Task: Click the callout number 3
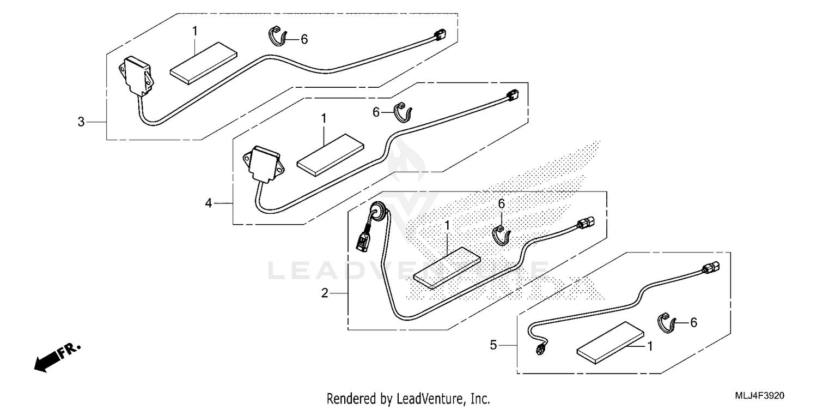pyautogui.click(x=81, y=122)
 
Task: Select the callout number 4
pyautogui.click(x=209, y=203)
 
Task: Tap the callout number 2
pyautogui.click(x=325, y=293)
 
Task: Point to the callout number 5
pyautogui.click(x=493, y=345)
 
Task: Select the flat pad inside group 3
pyautogui.click(x=203, y=63)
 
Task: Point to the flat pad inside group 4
pyautogui.click(x=330, y=155)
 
